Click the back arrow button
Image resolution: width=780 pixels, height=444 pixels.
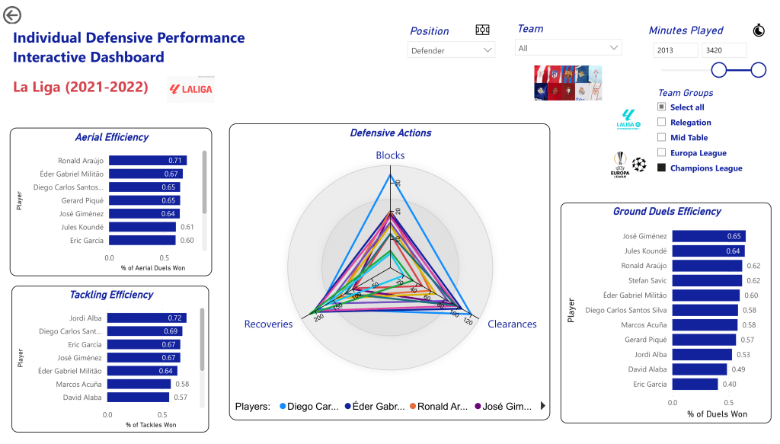tap(12, 14)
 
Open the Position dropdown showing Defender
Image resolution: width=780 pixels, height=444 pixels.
tap(452, 50)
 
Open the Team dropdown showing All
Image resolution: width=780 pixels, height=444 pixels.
tap(568, 48)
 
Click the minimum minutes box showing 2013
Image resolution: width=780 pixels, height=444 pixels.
tap(675, 50)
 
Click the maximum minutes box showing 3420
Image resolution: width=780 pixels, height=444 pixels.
tap(724, 50)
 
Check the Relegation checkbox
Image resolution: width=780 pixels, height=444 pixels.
tap(662, 122)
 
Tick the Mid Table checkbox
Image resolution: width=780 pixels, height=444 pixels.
tap(662, 137)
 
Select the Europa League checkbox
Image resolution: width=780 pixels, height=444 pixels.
tap(662, 152)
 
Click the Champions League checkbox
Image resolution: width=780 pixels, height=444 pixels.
tap(662, 168)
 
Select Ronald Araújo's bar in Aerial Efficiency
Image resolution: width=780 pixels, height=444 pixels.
tap(148, 161)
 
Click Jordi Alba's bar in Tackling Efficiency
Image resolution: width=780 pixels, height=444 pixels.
tap(145, 318)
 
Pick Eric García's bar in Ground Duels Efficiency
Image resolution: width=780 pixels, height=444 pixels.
tap(695, 385)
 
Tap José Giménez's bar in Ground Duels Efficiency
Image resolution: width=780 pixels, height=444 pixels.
tap(708, 236)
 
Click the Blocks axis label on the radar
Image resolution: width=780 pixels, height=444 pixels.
tap(390, 155)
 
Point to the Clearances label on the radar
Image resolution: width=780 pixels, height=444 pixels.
tap(512, 324)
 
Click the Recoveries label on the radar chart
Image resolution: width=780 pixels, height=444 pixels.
tap(268, 324)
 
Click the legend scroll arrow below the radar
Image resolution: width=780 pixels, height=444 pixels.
tap(543, 406)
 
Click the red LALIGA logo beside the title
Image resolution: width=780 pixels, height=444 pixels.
tap(190, 89)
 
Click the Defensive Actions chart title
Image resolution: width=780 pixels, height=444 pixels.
tap(390, 133)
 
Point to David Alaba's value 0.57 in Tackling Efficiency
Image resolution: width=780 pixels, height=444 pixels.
tap(181, 398)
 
